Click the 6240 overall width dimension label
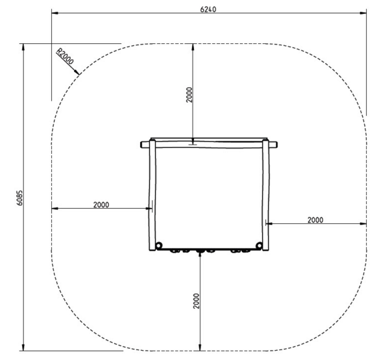pyautogui.click(x=208, y=9)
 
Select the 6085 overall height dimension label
pyautogui.click(x=20, y=198)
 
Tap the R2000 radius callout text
pyautogui.click(x=65, y=56)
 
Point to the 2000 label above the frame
pyautogui.click(x=189, y=95)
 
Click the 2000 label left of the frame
pyautogui.click(x=101, y=205)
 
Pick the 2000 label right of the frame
pyautogui.click(x=315, y=220)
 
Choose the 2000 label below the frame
pyautogui.click(x=196, y=301)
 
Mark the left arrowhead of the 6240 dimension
pyautogui.click(x=55, y=13)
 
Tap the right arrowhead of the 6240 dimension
pyautogui.click(x=363, y=13)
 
